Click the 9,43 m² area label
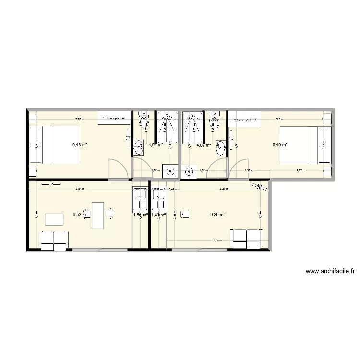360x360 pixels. (79, 144)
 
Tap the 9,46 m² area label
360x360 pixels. (279, 144)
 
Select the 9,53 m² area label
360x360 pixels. (80, 215)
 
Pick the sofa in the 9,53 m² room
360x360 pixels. (54, 240)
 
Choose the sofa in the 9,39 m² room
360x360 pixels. (247, 239)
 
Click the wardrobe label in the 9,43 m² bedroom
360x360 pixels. (113, 118)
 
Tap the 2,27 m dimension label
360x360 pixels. (300, 170)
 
